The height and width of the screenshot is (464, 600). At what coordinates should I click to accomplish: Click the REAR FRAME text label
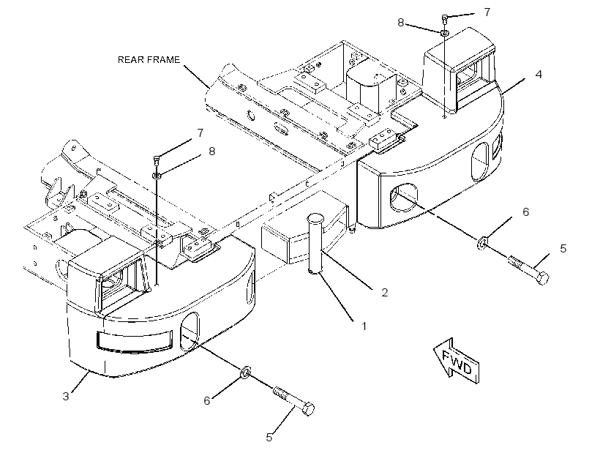tap(149, 60)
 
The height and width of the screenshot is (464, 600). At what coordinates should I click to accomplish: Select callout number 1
tap(364, 326)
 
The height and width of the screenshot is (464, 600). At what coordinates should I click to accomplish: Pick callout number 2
tap(385, 293)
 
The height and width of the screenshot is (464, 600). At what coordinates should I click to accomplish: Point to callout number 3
tap(66, 396)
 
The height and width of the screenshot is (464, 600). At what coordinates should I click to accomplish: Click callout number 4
tap(539, 74)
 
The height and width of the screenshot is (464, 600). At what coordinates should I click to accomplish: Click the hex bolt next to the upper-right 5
tap(528, 269)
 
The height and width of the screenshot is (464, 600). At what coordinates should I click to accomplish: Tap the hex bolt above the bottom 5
tap(294, 401)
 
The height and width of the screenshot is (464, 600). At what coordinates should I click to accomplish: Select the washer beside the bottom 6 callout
tap(245, 371)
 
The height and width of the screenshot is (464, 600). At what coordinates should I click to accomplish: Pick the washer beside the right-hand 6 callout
tap(482, 242)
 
